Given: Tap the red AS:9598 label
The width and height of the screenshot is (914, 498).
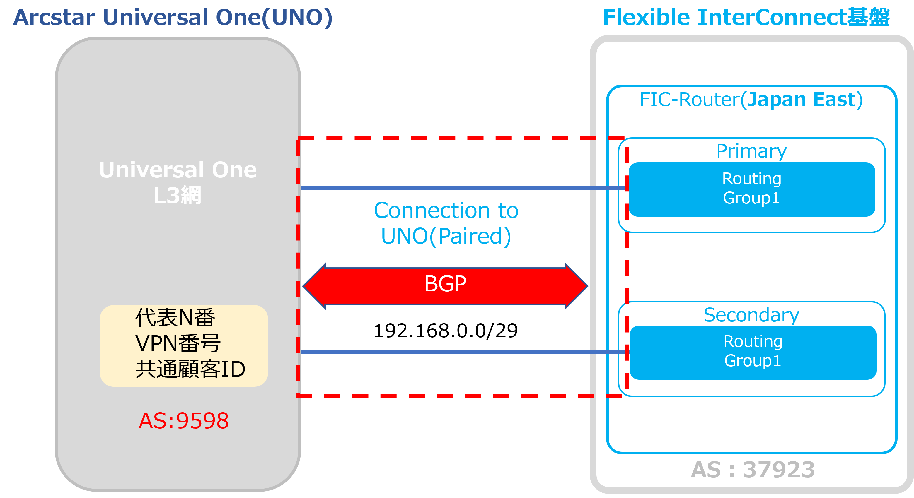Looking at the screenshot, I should (x=184, y=421).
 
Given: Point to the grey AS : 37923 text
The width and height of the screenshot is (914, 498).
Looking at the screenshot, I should (x=753, y=470).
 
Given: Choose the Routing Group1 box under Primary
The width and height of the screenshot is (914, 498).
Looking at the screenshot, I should (x=751, y=189).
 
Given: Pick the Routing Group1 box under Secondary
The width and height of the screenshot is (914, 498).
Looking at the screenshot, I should (x=753, y=352).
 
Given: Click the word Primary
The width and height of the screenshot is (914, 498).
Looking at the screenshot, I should (x=751, y=151).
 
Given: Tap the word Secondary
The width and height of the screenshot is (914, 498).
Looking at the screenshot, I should (x=751, y=315).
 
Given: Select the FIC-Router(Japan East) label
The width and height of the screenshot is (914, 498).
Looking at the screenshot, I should (x=751, y=100).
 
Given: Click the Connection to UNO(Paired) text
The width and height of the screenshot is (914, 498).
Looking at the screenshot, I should (x=446, y=223).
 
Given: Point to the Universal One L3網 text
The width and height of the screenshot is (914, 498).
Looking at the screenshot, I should (x=178, y=182).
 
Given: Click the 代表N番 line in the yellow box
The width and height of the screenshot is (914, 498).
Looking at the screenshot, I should (x=175, y=317).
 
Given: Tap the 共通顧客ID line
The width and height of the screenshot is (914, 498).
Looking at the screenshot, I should (x=190, y=369).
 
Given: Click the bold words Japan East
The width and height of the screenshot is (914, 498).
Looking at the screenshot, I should (x=801, y=100).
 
